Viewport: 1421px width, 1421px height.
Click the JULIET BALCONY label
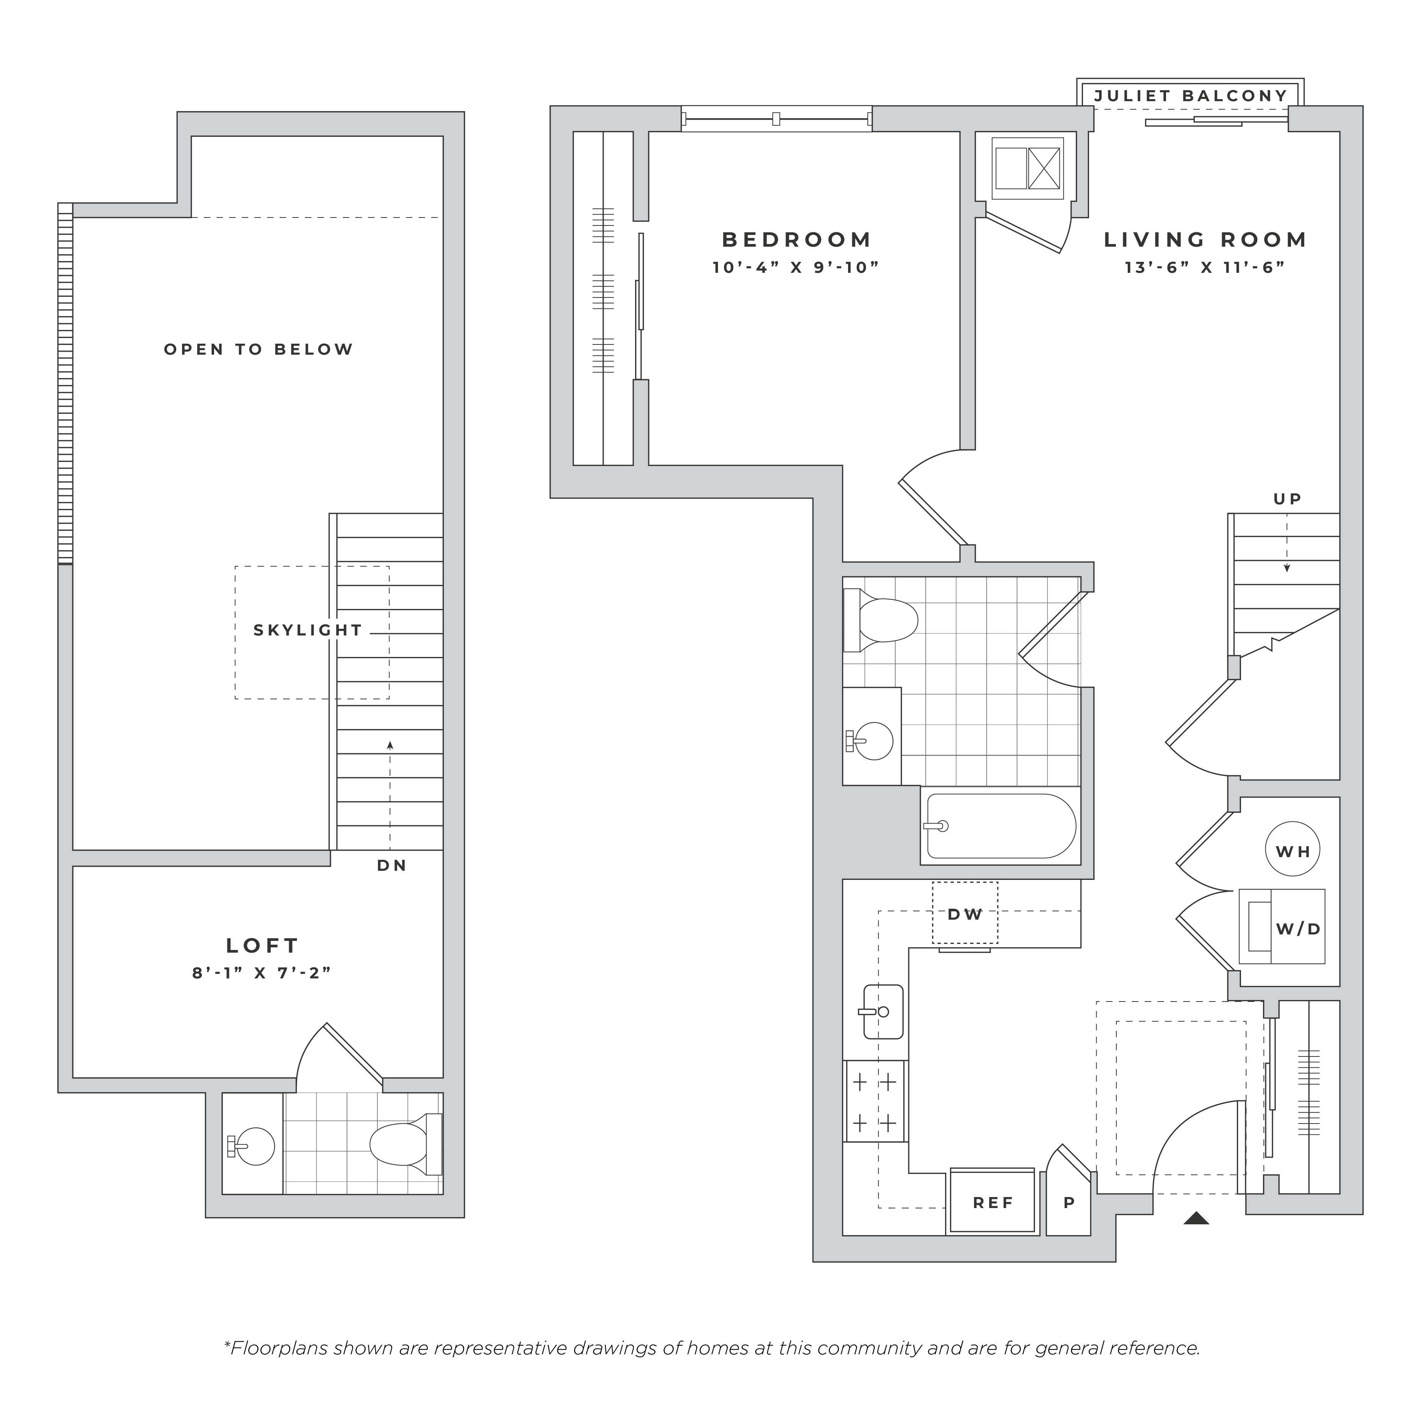pyautogui.click(x=1191, y=95)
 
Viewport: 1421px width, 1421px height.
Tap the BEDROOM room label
pyautogui.click(x=797, y=240)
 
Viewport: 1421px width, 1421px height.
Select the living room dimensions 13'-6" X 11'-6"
pyautogui.click(x=1205, y=267)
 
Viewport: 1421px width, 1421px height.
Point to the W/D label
pyautogui.click(x=1298, y=929)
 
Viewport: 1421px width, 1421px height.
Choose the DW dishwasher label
pyautogui.click(x=965, y=914)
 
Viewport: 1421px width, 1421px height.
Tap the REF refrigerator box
pyautogui.click(x=993, y=1203)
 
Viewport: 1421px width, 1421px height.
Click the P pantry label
pyautogui.click(x=1069, y=1203)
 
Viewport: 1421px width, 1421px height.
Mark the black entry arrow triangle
pyautogui.click(x=1197, y=1218)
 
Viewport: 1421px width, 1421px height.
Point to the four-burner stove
pyautogui.click(x=875, y=1101)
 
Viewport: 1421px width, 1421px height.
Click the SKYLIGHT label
pyautogui.click(x=308, y=630)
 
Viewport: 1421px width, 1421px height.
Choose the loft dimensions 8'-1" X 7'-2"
pyautogui.click(x=262, y=973)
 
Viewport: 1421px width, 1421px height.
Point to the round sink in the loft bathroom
pyautogui.click(x=252, y=1146)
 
